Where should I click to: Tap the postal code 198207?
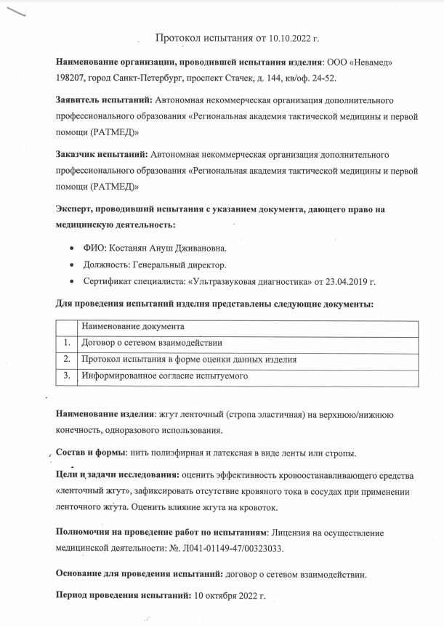[73, 78]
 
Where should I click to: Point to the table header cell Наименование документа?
[132, 327]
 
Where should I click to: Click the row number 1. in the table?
[67, 343]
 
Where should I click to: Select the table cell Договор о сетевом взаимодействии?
[152, 343]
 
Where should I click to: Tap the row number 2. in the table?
[67, 360]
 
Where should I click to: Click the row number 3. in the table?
[67, 376]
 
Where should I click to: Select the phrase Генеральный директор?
[181, 264]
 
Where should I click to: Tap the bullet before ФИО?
[72, 248]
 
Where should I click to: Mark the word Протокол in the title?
[179, 37]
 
